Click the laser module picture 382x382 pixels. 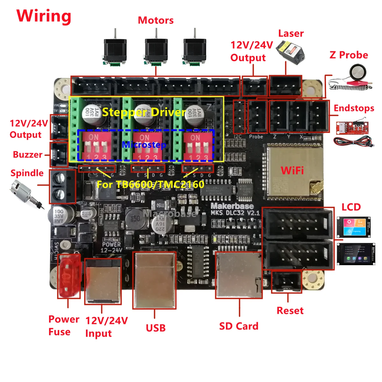(x=291, y=50)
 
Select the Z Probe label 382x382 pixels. (x=349, y=55)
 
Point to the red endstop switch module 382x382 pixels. (x=352, y=126)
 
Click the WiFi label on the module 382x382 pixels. (x=292, y=171)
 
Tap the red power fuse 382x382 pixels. (x=68, y=276)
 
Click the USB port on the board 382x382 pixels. (x=154, y=280)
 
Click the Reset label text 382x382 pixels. (x=290, y=311)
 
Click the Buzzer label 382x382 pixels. (x=27, y=155)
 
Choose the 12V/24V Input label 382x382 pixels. (x=106, y=327)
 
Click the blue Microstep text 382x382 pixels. (x=144, y=145)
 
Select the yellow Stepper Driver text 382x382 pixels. (x=144, y=112)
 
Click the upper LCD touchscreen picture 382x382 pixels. (x=353, y=227)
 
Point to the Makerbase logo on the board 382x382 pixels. (x=232, y=206)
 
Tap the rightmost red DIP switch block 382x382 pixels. (x=197, y=147)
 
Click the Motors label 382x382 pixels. (x=156, y=20)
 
